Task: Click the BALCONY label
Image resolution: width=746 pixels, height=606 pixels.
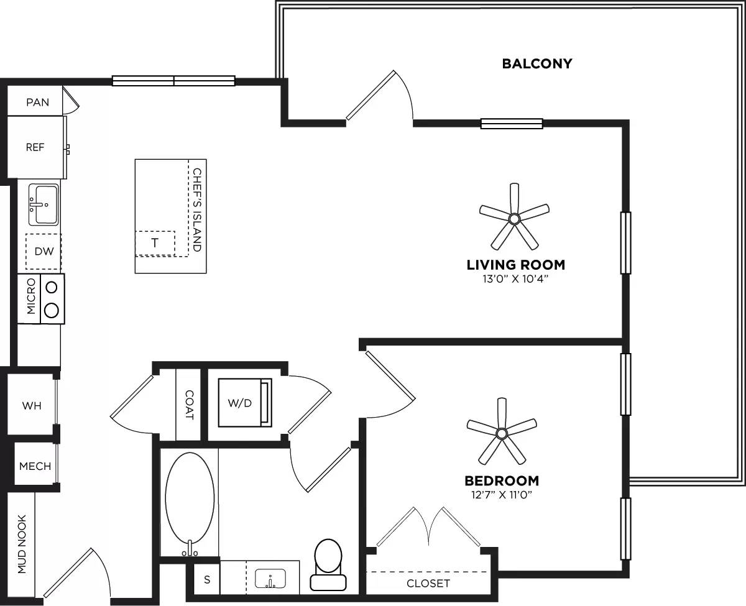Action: coord(537,63)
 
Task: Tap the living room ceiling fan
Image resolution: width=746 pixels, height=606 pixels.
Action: coord(514,218)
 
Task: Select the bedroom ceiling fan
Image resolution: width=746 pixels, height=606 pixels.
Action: coord(502,432)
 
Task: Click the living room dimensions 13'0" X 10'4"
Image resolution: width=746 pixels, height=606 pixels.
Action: coord(515,280)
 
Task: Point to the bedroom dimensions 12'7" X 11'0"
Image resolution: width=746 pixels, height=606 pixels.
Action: coord(502,495)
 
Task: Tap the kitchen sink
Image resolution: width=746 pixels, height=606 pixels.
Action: coord(43,204)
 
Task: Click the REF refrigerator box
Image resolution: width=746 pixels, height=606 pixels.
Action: coord(35,148)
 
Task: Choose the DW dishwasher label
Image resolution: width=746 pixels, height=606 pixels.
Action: coord(43,252)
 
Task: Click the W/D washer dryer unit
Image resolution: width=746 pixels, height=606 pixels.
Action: coord(240,402)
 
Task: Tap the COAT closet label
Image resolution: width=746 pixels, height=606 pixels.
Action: coord(189,405)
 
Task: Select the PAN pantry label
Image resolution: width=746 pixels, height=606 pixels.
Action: coord(37,102)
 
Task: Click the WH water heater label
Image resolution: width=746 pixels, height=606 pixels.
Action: coord(32,406)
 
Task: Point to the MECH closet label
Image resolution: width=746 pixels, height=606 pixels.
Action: coord(35,466)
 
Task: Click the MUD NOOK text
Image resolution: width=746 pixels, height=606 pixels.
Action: coord(22,544)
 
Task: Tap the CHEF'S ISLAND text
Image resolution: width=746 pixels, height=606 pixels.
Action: coord(197,209)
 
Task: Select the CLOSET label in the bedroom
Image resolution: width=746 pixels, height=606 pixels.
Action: coord(428,583)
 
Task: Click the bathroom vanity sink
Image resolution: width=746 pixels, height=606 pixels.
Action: coord(270,579)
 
